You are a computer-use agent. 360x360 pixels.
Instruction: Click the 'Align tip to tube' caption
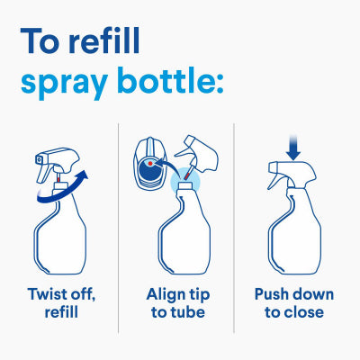178,303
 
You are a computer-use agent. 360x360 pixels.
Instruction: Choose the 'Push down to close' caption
293,303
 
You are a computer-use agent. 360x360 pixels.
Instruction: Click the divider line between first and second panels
119,225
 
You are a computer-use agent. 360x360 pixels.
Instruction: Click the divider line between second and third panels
234,225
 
